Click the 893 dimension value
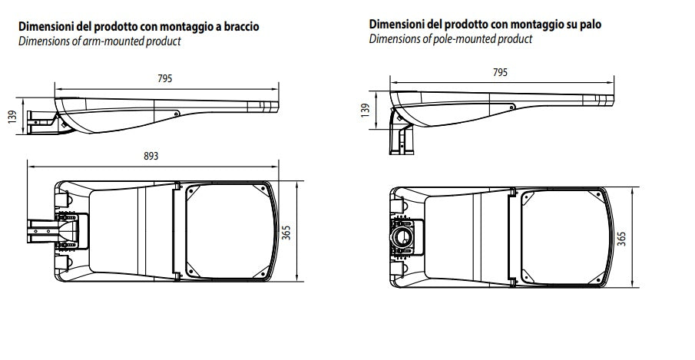coord(151,156)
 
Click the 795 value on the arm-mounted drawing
coord(165,78)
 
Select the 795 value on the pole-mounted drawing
coord(500,73)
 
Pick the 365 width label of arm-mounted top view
coord(286,231)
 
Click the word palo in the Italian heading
coord(589,24)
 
